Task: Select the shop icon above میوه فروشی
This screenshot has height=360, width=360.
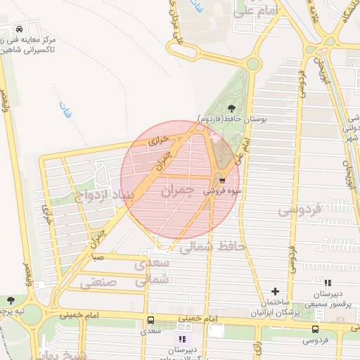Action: click(x=222, y=180)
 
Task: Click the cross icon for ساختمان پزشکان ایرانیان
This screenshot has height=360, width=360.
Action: click(x=275, y=291)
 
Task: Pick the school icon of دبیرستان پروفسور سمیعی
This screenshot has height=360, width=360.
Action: click(x=327, y=283)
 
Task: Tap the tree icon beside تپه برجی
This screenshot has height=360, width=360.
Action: click(x=9, y=300)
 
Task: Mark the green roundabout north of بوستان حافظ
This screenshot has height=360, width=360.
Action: click(x=252, y=64)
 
